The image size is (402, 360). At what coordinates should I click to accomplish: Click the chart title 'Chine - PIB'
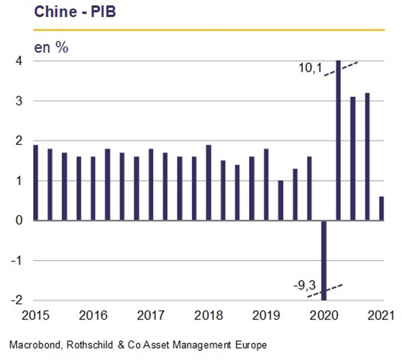[75, 12]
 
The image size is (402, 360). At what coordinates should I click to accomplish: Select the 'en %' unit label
[51, 48]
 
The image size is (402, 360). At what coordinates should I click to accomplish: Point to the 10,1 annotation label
[310, 68]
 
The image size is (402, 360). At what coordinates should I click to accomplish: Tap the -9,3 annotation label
[305, 285]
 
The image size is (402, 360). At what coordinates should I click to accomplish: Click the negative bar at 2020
[324, 260]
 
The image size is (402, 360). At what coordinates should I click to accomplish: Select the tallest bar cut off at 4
[338, 141]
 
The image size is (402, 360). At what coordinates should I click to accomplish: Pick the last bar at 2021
[382, 208]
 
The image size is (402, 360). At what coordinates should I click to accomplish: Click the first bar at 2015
[36, 183]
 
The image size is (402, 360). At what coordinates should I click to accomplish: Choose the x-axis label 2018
[208, 315]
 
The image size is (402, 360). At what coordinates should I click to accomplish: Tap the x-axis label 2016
[93, 315]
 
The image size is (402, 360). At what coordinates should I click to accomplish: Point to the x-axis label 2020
[324, 315]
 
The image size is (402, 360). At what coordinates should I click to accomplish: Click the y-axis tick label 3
[19, 101]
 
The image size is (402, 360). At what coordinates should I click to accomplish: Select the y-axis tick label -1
[17, 260]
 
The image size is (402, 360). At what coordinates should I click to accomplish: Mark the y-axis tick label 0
[19, 220]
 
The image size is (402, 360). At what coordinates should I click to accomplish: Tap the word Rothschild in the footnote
[90, 345]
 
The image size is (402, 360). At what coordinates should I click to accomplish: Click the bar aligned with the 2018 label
[209, 183]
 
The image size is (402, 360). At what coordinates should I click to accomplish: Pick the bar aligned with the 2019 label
[267, 185]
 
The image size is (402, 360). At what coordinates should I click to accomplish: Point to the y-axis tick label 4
[19, 61]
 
